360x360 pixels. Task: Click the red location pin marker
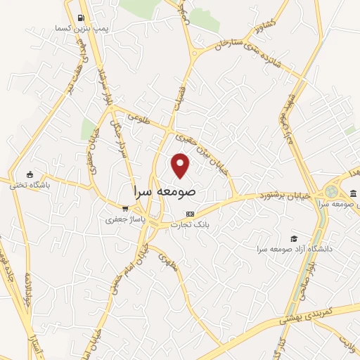click(181, 165)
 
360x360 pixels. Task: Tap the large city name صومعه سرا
click(164, 191)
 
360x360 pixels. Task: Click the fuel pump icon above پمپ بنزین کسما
click(82, 18)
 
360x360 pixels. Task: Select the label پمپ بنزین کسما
click(83, 29)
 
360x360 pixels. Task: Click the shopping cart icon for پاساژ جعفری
click(125, 209)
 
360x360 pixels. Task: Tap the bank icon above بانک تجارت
click(189, 214)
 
